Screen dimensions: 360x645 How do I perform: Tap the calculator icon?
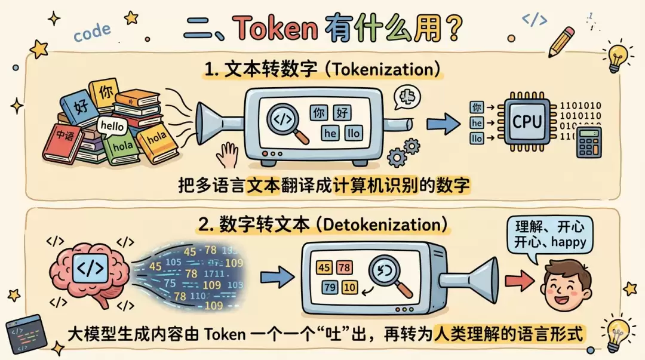[x=589, y=143]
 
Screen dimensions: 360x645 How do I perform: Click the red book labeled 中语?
[x=63, y=142]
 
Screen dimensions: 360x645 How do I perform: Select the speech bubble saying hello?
[x=113, y=126]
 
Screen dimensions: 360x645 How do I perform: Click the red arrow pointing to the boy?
[x=517, y=279]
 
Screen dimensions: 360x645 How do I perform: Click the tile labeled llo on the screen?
[x=354, y=133]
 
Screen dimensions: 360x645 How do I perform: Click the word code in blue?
[x=92, y=32]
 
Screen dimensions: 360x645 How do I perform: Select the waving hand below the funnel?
[x=228, y=155]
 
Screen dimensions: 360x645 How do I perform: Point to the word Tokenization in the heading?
[x=387, y=70]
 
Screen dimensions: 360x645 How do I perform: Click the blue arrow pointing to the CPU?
[x=444, y=124]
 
